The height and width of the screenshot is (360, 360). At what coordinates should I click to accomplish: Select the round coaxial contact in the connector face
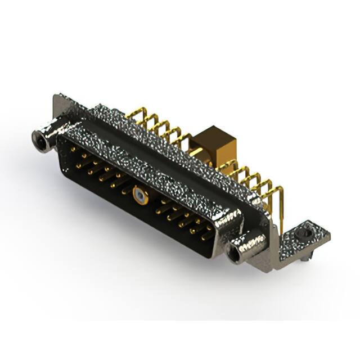(138, 196)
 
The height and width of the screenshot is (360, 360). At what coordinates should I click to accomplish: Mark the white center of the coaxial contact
(138, 197)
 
